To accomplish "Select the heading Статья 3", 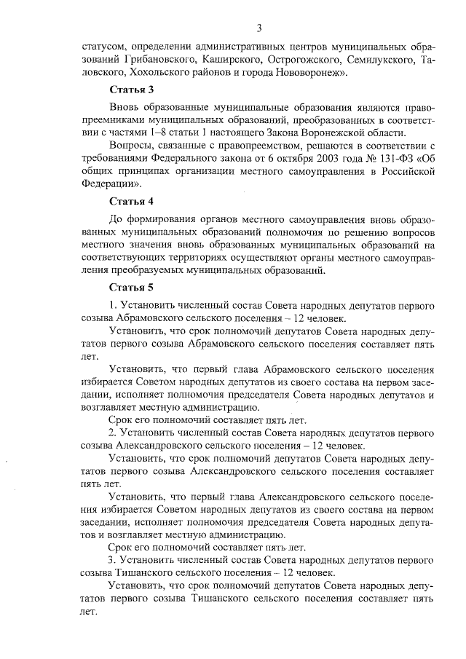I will (131, 90).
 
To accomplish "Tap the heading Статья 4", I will (131, 201).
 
